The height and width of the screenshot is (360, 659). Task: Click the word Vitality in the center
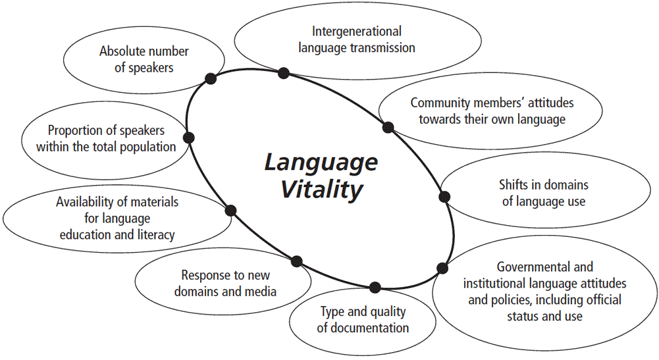pos(323,190)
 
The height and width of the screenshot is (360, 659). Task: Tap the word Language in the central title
pos(321,162)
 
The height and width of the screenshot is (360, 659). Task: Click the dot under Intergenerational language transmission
pos(284,73)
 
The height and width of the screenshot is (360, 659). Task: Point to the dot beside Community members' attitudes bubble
pos(388,127)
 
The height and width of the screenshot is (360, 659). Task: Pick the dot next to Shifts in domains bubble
pos(444,196)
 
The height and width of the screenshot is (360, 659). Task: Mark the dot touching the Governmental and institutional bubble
pos(442,268)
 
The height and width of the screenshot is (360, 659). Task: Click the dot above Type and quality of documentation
pos(375,287)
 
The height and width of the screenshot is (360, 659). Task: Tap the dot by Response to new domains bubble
pos(296,261)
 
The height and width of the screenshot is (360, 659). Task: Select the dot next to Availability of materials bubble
pos(230,211)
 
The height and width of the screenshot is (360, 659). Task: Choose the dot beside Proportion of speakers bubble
pos(189,137)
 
